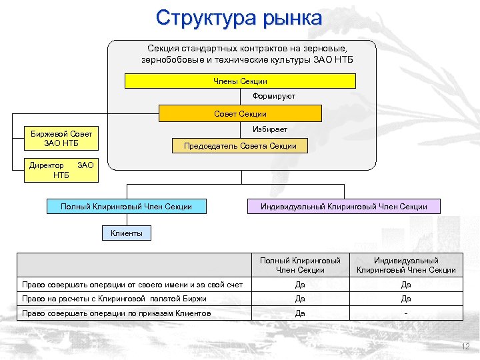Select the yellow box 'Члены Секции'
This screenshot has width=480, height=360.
[x=240, y=81]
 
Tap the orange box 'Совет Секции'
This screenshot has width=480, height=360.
[x=240, y=114]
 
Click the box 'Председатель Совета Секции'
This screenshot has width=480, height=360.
[x=240, y=146]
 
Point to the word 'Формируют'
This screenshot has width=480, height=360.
[x=274, y=97]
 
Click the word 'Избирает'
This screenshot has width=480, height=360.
[x=270, y=129]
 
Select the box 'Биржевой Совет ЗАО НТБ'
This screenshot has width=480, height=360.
[x=61, y=138]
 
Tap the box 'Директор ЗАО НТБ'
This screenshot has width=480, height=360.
[x=61, y=170]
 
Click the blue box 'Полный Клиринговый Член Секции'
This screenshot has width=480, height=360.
[x=126, y=207]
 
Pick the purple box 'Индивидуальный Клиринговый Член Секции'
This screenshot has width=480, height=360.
[x=344, y=207]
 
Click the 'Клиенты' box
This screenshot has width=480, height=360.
[x=126, y=233]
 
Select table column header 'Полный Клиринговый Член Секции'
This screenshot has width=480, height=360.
[x=300, y=265]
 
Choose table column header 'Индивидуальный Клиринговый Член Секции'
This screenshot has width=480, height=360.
[x=406, y=265]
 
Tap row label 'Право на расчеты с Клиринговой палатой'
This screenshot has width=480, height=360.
[x=114, y=299]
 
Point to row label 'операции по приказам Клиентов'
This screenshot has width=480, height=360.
[x=117, y=313]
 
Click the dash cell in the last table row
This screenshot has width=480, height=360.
[x=406, y=313]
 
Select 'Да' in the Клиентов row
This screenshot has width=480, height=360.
[x=300, y=313]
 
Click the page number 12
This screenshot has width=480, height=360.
[x=465, y=347]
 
